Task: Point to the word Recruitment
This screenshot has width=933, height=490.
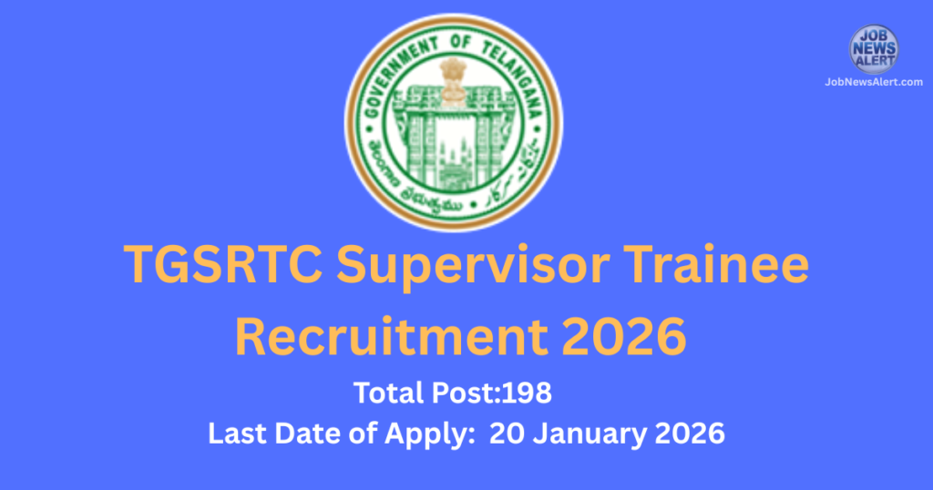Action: (x=380, y=336)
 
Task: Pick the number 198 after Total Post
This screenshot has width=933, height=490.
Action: (x=531, y=395)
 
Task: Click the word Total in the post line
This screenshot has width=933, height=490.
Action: (x=386, y=395)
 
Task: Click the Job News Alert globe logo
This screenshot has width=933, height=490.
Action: (x=874, y=49)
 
